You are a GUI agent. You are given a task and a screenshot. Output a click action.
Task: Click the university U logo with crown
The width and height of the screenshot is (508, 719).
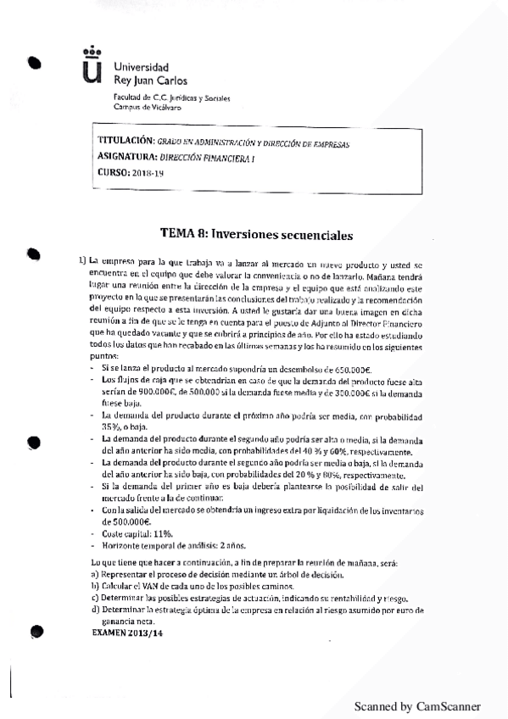coord(91,65)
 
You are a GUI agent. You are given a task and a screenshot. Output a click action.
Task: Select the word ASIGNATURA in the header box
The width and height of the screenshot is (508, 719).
coord(127,157)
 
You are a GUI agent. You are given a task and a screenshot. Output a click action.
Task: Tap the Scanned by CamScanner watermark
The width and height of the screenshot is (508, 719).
coord(417,705)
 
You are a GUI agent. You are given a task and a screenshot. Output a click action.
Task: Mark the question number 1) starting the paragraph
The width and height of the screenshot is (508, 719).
coord(82,258)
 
